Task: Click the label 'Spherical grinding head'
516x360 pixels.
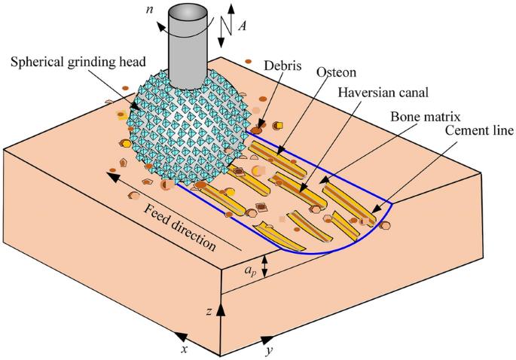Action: pyautogui.click(x=78, y=61)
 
